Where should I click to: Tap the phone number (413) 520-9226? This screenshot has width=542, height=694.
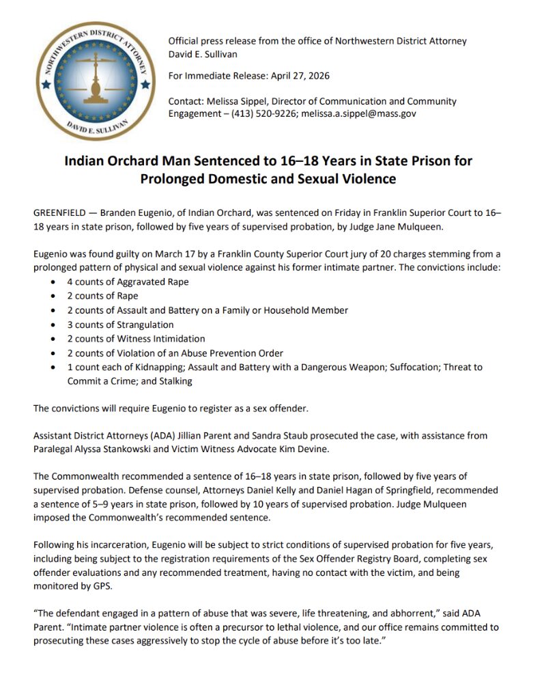[260, 113]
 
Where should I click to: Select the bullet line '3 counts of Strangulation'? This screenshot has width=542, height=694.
[120, 324]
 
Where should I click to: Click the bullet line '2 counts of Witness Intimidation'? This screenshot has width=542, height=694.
[136, 339]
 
